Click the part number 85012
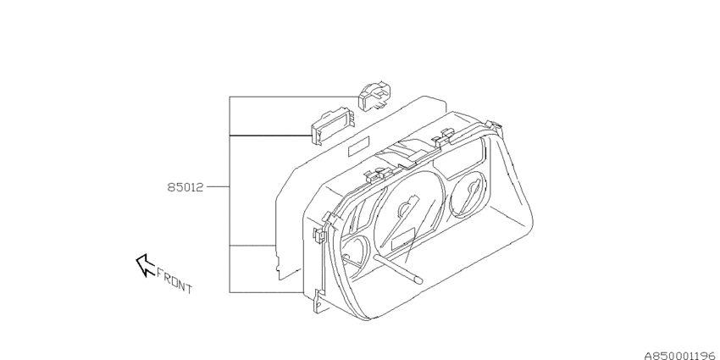(x=185, y=187)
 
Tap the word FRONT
(x=174, y=280)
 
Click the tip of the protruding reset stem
(x=418, y=279)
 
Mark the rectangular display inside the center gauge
(x=402, y=242)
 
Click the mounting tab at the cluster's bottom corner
(x=318, y=302)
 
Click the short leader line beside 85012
(x=218, y=187)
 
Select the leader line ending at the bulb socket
(x=294, y=97)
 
